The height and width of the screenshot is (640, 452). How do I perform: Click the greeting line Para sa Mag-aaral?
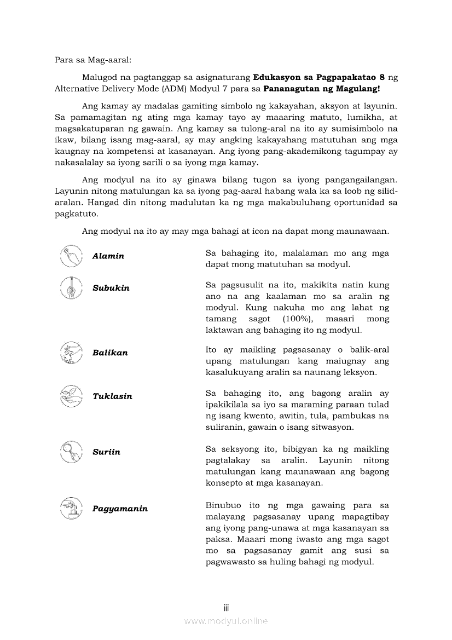[89, 60]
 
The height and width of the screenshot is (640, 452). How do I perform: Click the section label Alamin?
[108, 256]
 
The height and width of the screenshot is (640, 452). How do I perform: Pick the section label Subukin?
[111, 288]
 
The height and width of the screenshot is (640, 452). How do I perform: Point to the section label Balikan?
[110, 353]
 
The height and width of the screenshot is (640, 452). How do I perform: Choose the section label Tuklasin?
[112, 396]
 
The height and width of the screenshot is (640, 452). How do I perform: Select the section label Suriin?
[106, 452]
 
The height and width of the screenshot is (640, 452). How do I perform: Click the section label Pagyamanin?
[120, 509]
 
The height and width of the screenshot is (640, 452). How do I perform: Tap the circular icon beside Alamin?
[71, 256]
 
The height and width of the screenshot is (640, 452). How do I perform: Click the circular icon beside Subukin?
[71, 288]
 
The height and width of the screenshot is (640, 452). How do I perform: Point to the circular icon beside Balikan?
[71, 353]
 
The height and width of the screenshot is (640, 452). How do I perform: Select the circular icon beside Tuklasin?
[71, 396]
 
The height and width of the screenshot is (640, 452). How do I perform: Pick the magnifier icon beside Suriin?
[71, 452]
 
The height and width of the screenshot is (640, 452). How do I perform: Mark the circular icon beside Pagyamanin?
[71, 508]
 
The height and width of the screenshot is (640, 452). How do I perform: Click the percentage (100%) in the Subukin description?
[297, 319]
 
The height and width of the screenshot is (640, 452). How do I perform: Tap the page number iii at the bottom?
[225, 608]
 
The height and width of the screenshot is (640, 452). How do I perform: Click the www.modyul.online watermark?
[225, 621]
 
